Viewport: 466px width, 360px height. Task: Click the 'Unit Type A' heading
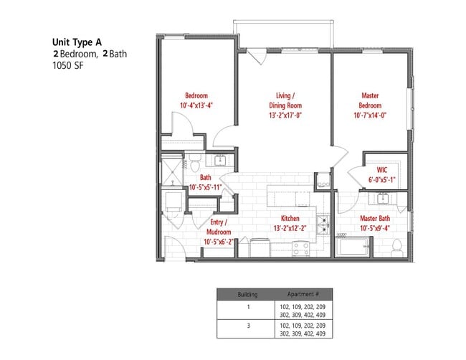point(81,42)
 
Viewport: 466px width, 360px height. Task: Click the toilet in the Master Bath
point(396,247)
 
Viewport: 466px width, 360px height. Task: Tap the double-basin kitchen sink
point(323,226)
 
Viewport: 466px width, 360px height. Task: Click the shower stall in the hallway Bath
point(171,171)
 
